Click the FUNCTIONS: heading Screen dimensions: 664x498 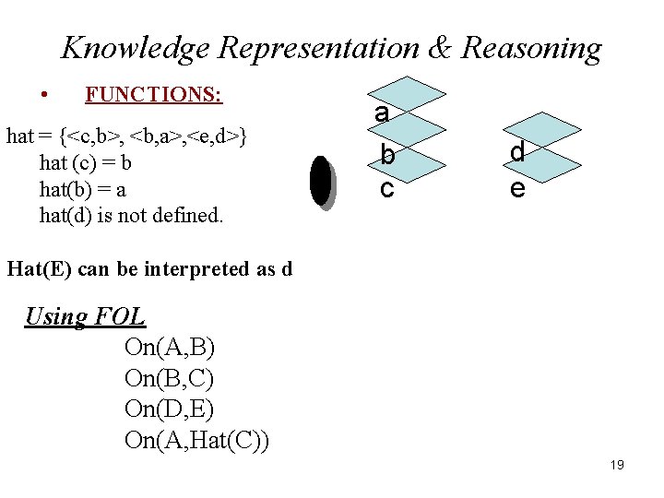[x=153, y=94]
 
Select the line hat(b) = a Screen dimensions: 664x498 [x=83, y=190]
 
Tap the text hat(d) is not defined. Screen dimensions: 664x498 [x=131, y=216]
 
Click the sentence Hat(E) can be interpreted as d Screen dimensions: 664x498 [x=149, y=269]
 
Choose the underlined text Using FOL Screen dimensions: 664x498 [x=85, y=317]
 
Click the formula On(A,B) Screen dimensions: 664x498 [x=169, y=348]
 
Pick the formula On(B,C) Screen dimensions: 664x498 [x=169, y=379]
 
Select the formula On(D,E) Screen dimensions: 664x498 [x=169, y=409]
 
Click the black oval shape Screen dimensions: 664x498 [x=320, y=180]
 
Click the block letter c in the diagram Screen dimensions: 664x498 [x=387, y=188]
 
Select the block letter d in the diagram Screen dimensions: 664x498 [x=517, y=152]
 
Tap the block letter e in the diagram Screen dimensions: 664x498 [x=517, y=188]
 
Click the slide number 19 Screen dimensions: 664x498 [x=617, y=465]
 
